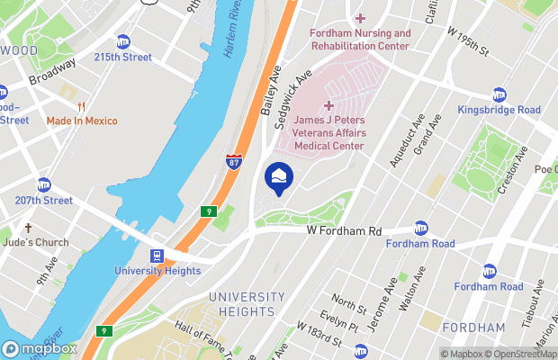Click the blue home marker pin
(278, 175)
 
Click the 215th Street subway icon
(123, 41)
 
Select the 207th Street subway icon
(43, 184)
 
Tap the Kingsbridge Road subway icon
(499, 94)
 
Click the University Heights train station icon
(157, 255)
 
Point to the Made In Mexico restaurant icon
(66, 93)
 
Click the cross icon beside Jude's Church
(28, 229)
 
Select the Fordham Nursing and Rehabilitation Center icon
(360, 19)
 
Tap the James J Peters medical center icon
(328, 106)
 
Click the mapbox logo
(40, 348)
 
